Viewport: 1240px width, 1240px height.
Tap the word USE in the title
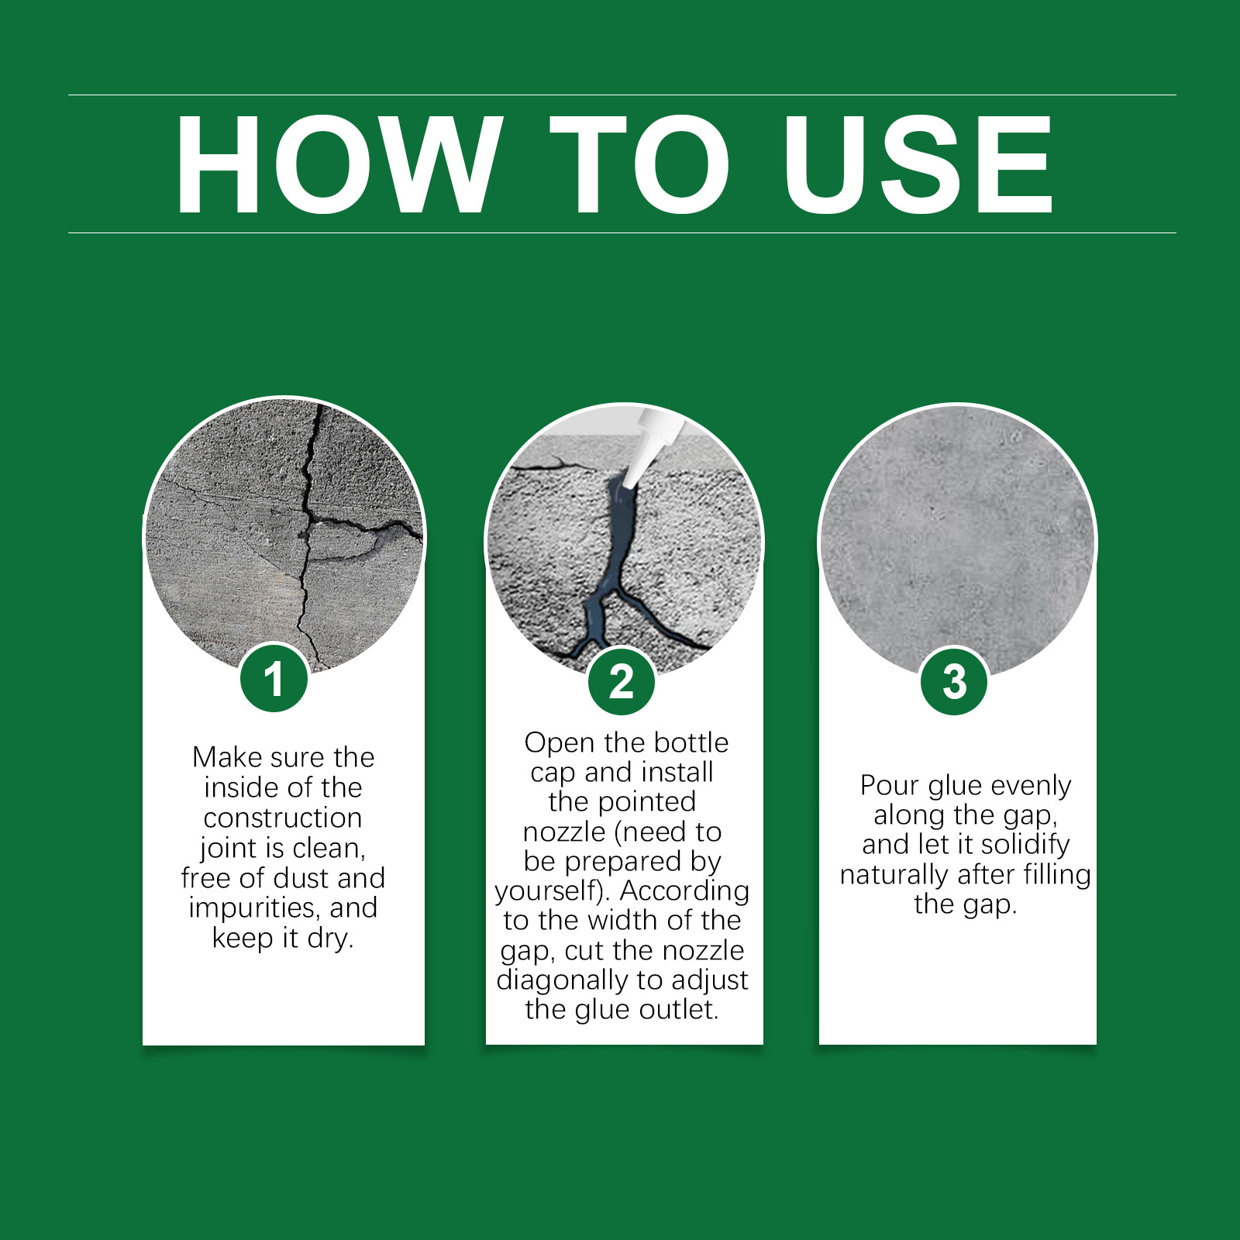click(x=918, y=164)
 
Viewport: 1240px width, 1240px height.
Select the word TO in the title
click(x=640, y=164)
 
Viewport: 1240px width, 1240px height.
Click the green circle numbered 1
click(x=274, y=678)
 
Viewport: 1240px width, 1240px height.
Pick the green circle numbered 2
click(x=622, y=681)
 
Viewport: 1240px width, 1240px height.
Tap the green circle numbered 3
click(x=954, y=681)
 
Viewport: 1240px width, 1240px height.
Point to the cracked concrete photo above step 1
click(x=284, y=536)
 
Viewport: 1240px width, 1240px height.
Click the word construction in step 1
click(x=283, y=818)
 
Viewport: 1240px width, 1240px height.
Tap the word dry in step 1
click(x=329, y=939)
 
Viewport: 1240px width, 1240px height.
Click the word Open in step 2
click(x=560, y=743)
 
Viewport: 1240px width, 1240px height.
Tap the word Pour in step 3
click(x=889, y=786)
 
